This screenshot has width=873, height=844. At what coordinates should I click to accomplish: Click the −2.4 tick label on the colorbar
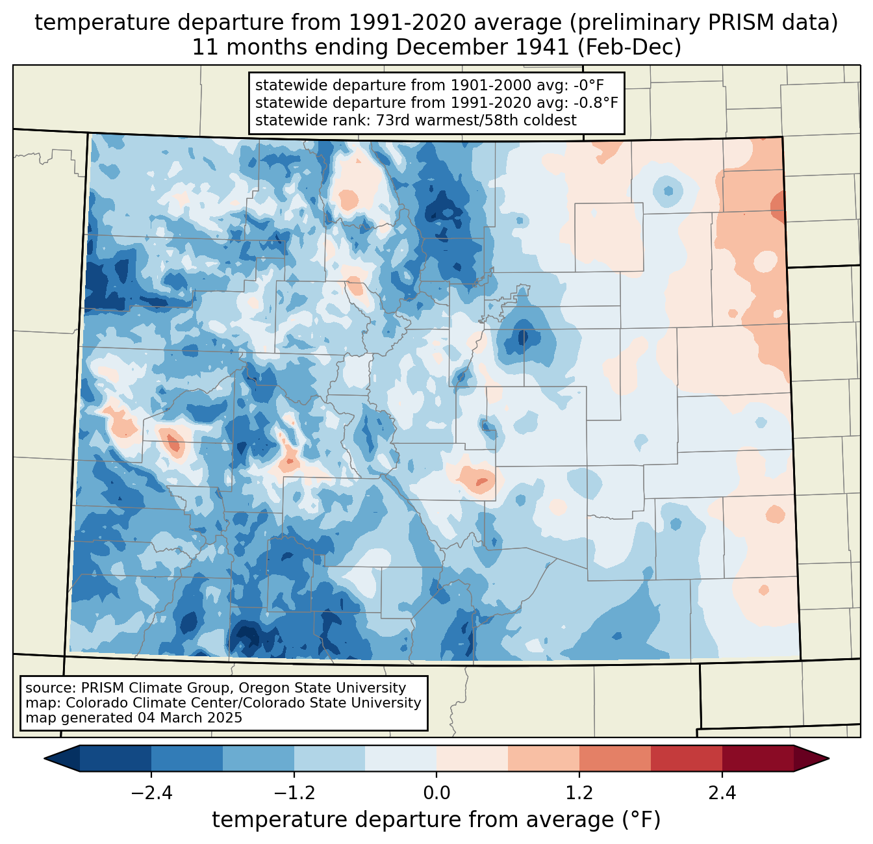pos(151,793)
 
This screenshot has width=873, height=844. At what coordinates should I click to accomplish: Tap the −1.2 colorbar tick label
pos(294,793)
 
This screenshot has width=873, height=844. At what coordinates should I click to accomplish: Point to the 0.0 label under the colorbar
pos(436,793)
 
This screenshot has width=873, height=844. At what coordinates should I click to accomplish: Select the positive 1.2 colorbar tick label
pos(579,793)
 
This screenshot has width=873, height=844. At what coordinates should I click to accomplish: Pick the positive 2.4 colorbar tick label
pos(722,793)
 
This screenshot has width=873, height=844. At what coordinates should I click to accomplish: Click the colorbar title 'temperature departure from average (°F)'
pos(436,820)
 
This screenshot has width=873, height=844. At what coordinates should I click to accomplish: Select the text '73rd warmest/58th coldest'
pos(476,120)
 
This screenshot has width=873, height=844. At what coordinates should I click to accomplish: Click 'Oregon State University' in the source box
pos(322,688)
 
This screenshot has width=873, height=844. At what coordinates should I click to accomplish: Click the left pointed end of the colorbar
pos(45,759)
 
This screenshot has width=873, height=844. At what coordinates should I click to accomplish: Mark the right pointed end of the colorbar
pos(828,759)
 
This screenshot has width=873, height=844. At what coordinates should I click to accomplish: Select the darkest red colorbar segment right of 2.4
pos(758,759)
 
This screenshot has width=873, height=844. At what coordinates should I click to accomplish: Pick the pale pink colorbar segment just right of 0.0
pos(472,759)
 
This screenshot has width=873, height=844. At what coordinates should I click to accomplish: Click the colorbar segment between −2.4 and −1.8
pos(186,759)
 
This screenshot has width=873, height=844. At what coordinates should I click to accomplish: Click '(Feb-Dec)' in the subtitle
pos(629,47)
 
